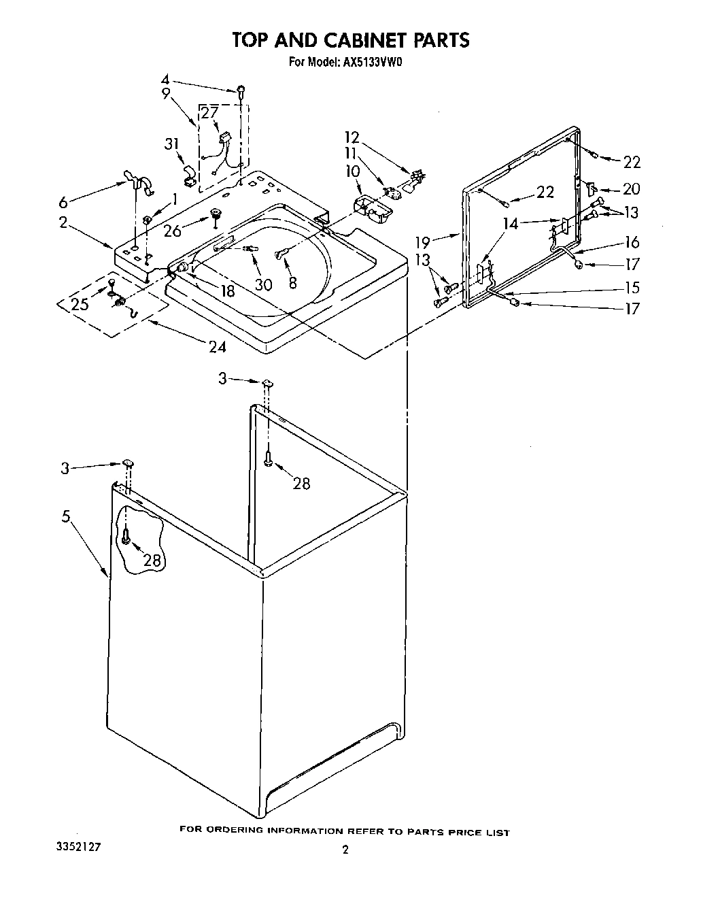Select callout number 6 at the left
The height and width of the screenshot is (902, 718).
[x=63, y=202]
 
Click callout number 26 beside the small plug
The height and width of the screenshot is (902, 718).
[x=173, y=231]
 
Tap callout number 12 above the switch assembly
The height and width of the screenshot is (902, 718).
[x=352, y=138]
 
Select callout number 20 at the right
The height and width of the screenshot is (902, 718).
[x=632, y=189]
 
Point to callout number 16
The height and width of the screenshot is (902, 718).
[x=632, y=242]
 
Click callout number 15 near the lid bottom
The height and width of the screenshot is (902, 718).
[x=632, y=288]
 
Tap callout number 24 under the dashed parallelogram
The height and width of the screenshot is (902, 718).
[x=217, y=347]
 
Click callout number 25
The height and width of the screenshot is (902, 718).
[x=80, y=304]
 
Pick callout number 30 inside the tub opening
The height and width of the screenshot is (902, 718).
[x=263, y=285]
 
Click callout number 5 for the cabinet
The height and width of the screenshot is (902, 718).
[x=66, y=516]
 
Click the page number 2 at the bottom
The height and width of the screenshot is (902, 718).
[x=345, y=850]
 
